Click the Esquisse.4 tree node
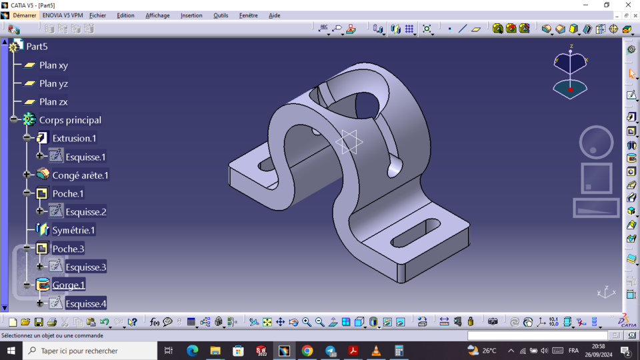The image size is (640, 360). coord(85,303)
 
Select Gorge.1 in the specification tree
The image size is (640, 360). coord(69,285)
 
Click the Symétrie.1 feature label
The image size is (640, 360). coord(73,230)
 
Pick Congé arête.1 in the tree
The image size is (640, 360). coord(80,175)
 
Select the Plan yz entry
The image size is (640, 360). coord(53,83)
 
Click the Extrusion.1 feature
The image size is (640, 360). coord(74,138)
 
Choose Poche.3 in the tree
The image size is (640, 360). coord(68,249)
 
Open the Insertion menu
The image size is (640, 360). coord(191,15)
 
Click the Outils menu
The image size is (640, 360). coord(221,15)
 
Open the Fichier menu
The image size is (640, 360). coord(97,15)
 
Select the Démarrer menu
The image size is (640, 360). coord(25,15)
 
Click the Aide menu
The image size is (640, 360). coord(274,15)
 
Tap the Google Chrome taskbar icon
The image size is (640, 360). coord(307,351)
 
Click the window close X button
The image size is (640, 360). coord(628,5)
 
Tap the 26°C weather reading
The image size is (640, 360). coord(489,351)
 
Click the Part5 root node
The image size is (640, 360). coord(37,47)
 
